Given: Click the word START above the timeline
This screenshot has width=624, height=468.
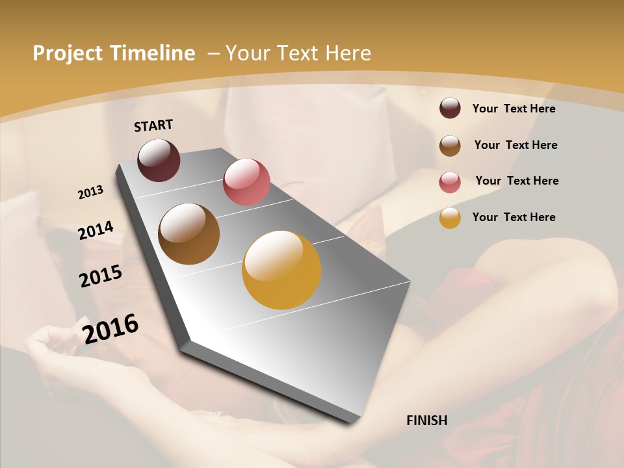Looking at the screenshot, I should (x=153, y=125).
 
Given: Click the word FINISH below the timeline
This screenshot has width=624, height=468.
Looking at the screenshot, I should (x=426, y=421).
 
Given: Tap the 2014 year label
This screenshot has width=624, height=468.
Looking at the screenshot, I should (x=96, y=230).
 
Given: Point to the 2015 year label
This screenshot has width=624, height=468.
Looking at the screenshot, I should (x=101, y=276).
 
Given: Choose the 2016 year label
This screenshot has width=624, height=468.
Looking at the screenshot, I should (x=110, y=328).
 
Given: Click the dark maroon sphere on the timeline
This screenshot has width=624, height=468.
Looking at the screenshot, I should (x=159, y=160).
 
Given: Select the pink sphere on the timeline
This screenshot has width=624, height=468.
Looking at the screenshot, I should (x=246, y=181).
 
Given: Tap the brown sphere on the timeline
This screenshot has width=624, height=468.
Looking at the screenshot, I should (x=188, y=233).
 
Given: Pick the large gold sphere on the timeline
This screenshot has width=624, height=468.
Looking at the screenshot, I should (x=281, y=270).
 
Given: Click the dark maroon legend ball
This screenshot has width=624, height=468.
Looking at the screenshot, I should (x=450, y=108).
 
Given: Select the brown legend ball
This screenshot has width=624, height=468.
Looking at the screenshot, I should (x=450, y=145).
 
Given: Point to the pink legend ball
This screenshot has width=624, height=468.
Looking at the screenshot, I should (x=450, y=181).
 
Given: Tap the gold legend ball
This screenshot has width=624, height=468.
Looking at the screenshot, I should (x=450, y=218).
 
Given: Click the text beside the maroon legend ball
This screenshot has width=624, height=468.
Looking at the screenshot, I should (x=513, y=109).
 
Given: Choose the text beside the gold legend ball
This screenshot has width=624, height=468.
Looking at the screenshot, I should (x=513, y=217).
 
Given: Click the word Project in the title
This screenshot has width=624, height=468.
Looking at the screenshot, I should (x=68, y=53).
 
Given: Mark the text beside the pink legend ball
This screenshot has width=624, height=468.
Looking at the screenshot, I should (x=517, y=181).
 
